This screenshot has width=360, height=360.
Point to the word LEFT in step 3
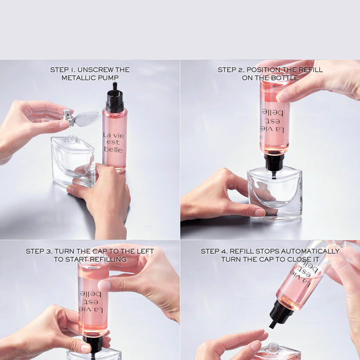pos(145,251)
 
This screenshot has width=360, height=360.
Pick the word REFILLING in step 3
pos(108,259)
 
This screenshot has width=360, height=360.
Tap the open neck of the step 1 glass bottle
pos(73,139)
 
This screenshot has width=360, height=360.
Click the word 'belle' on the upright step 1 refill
pos(113,149)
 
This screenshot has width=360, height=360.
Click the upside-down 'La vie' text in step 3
pos(91,311)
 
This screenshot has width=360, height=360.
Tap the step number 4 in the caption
pos(225,251)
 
